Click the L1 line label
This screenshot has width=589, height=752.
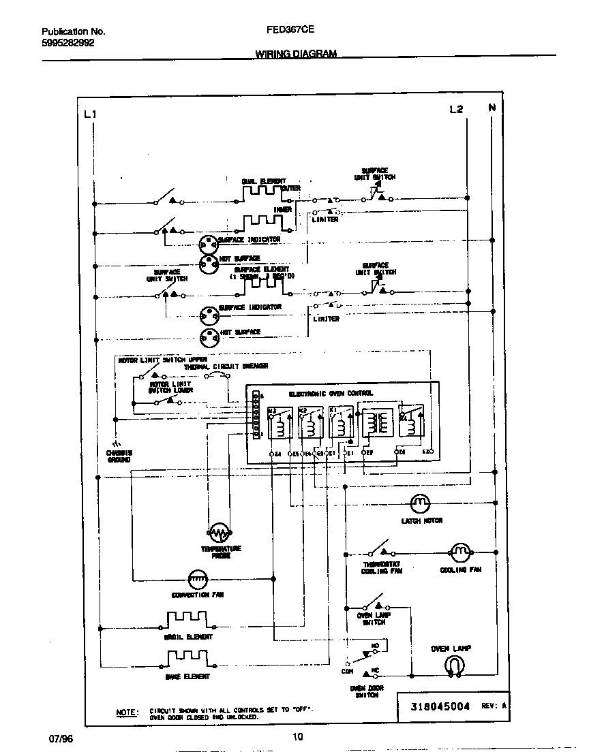click(x=90, y=114)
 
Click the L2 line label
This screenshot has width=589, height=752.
click(x=456, y=110)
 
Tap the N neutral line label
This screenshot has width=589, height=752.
click(x=492, y=108)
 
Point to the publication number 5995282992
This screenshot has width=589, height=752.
click(x=68, y=42)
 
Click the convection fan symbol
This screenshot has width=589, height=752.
click(x=197, y=578)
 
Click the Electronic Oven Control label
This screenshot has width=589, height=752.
click(x=331, y=394)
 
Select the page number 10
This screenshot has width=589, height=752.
click(x=297, y=736)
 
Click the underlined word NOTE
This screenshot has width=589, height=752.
click(x=127, y=712)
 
